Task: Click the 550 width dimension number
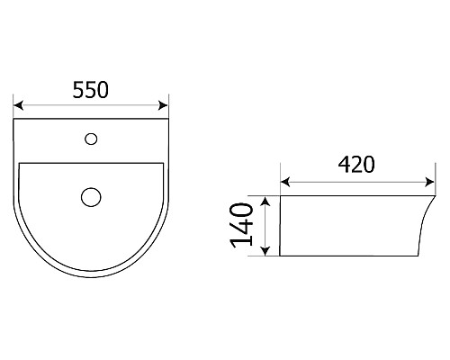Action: coord(90,90)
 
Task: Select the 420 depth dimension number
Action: coord(355,165)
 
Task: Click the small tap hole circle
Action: coord(90,139)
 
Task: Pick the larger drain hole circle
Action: coord(91,195)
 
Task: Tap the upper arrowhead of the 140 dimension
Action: coord(265,199)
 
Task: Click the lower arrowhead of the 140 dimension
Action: coord(265,254)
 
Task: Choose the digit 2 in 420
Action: coord(355,165)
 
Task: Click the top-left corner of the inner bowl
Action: coord(20,163)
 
